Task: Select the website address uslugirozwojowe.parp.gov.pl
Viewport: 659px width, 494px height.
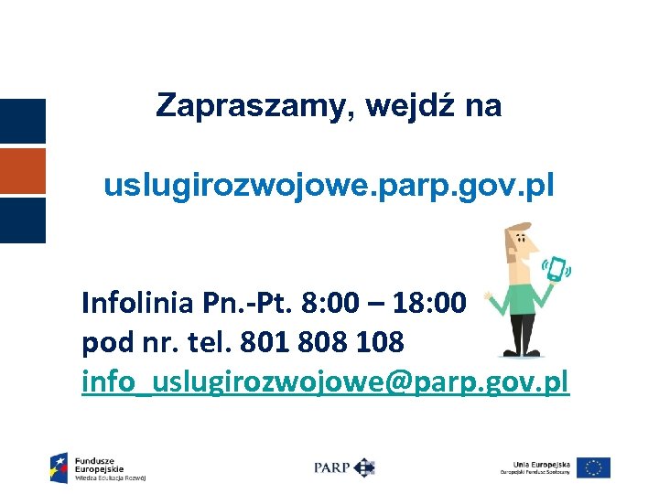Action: click(x=329, y=187)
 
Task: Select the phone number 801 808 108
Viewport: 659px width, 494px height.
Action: click(x=320, y=343)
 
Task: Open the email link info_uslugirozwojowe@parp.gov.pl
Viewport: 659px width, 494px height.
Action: click(x=325, y=381)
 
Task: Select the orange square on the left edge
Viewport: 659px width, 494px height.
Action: click(x=22, y=171)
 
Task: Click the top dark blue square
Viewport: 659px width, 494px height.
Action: click(x=22, y=121)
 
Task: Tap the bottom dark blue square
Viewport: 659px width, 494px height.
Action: click(x=22, y=220)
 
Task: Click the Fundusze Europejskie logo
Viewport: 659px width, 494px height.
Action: click(x=98, y=467)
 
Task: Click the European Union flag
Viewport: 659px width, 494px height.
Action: click(x=594, y=467)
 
